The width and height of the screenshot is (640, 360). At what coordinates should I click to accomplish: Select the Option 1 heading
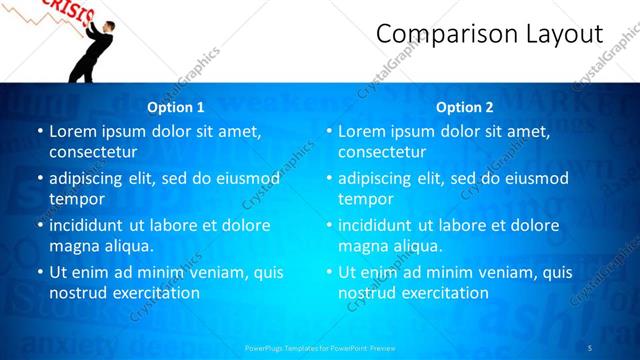coord(176,107)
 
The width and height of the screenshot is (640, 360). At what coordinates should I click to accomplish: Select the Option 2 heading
coord(465,107)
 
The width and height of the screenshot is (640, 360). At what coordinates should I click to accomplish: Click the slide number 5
coord(590,348)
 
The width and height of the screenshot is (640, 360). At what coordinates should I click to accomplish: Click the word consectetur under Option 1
coord(93,152)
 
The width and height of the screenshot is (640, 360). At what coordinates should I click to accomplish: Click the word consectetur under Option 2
coord(382,152)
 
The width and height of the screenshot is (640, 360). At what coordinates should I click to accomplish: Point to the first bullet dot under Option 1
coord(38,131)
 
